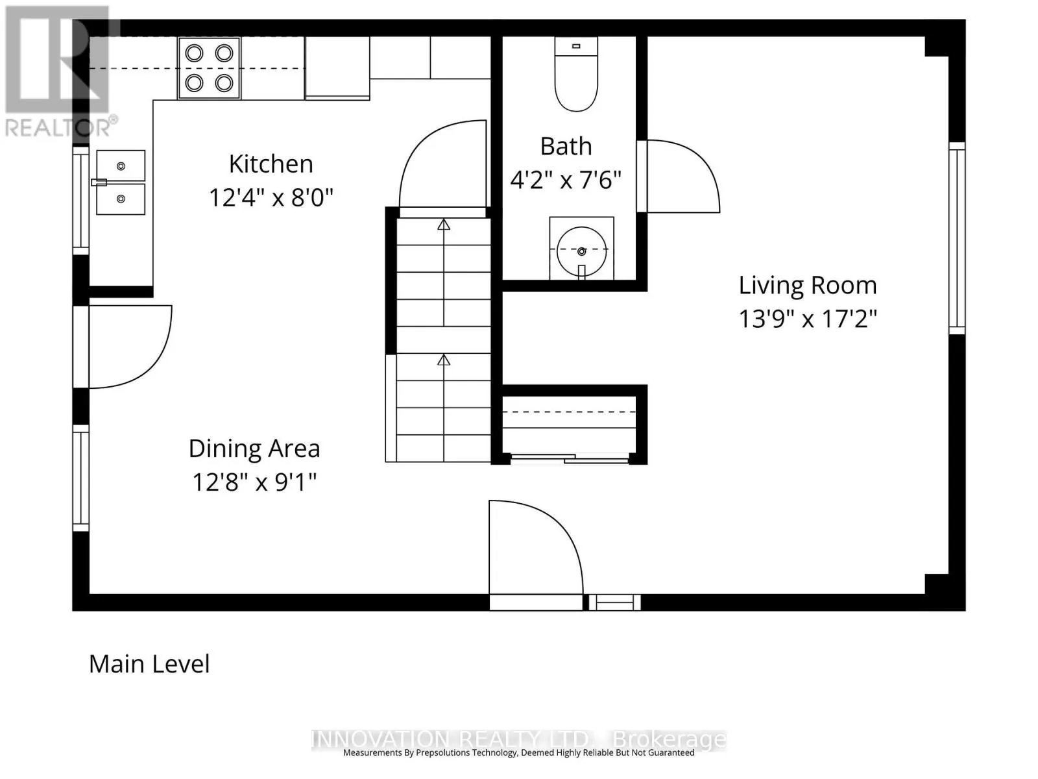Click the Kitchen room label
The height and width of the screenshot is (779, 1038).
coord(271,164)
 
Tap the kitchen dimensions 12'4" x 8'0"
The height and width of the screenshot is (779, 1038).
coord(271,197)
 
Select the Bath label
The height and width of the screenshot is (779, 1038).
coord(566,146)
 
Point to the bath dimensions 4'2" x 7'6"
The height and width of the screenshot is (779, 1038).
coord(566,180)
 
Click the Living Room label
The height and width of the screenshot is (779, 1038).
coord(808,285)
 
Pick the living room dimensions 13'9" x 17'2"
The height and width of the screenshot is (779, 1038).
coord(808,319)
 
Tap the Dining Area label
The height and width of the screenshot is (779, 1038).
coord(254,449)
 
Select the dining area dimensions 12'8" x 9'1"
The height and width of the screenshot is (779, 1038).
coord(254,482)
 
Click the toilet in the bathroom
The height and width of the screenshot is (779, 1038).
coord(576,74)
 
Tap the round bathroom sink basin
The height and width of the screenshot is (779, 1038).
coord(582,251)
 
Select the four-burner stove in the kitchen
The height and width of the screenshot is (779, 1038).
coord(209,68)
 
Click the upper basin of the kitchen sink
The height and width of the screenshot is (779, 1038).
coord(121,166)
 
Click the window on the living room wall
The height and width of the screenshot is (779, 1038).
coord(957,238)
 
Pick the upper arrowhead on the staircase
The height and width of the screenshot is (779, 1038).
coord(444,225)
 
